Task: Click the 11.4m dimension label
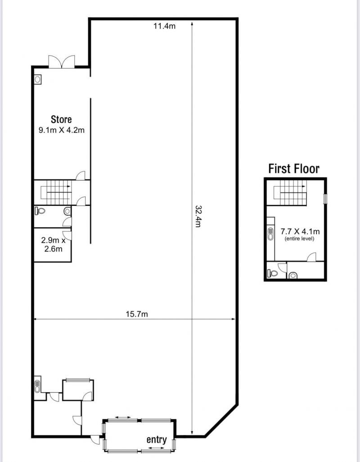(165, 26)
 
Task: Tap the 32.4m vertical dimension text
(198, 216)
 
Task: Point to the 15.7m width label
(137, 314)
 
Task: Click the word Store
(61, 119)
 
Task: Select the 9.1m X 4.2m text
(62, 130)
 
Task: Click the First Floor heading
(294, 168)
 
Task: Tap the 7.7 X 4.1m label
(300, 231)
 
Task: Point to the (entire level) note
(299, 239)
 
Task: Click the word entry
(157, 439)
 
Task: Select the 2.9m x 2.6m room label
(53, 245)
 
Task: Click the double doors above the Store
(62, 62)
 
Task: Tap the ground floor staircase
(56, 193)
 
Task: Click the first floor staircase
(290, 193)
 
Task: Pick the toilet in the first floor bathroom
(273, 273)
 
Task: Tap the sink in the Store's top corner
(37, 79)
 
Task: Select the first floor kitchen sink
(270, 234)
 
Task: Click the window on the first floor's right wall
(325, 199)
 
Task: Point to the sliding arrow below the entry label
(156, 448)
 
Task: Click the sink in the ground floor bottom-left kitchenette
(37, 386)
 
